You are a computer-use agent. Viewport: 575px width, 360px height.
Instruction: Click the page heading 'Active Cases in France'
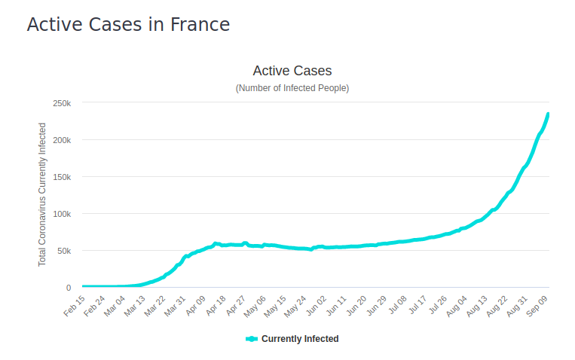[x=128, y=24]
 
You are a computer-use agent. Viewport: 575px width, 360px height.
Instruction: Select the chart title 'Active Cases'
[x=292, y=71]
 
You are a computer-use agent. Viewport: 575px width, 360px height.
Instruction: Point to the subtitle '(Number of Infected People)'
[x=292, y=88]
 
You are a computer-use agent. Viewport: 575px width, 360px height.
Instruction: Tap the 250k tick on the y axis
[x=62, y=103]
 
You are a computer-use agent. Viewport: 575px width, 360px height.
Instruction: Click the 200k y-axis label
[x=62, y=140]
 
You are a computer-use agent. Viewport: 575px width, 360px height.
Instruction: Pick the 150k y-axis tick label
[x=62, y=177]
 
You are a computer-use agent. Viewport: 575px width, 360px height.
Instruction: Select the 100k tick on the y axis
[x=62, y=214]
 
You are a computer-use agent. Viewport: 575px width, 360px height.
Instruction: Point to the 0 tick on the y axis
[x=69, y=288]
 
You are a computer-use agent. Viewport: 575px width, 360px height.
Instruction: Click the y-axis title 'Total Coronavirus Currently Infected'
[x=43, y=195]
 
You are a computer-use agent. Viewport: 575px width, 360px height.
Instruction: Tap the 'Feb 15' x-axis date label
[x=75, y=304]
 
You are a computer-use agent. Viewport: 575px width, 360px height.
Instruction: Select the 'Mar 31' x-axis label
[x=176, y=304]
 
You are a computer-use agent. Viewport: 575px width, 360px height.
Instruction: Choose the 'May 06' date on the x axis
[x=256, y=304]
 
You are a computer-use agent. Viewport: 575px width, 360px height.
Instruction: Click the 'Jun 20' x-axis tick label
[x=357, y=304]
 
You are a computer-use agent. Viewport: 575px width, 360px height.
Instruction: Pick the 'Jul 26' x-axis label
[x=438, y=304]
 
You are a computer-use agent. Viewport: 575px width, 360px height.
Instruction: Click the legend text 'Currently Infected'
[x=300, y=339]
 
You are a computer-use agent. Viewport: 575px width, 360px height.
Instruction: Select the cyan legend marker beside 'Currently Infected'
[x=252, y=339]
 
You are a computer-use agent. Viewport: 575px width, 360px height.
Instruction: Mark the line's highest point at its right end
[x=549, y=114]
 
